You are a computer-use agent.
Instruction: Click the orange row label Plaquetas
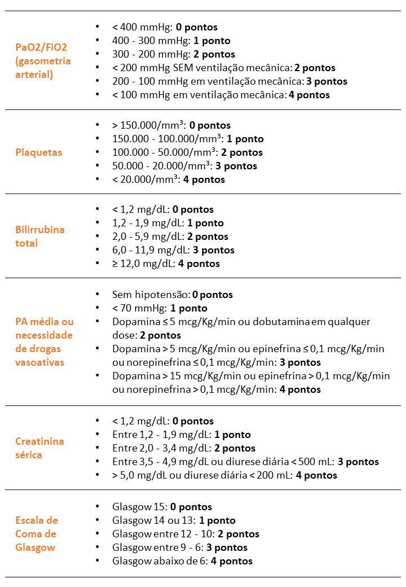coord(38,152)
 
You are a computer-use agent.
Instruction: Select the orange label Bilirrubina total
coord(39,236)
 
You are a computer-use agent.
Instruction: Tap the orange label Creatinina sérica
coord(39,448)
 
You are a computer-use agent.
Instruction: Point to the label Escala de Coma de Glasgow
coord(37,534)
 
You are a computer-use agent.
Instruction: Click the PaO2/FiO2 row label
coord(43,61)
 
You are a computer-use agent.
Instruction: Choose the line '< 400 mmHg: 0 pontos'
coord(165,27)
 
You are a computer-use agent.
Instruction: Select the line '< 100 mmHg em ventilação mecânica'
coord(220,95)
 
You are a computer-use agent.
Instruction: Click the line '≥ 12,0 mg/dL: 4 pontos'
coord(166,264)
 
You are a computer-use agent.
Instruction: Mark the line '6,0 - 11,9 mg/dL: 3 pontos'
coord(173,250)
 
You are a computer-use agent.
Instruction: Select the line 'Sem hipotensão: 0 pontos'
coord(172,295)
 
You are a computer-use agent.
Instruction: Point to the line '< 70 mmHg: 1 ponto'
coord(160,308)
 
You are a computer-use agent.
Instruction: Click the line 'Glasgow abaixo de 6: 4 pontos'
coord(182,561)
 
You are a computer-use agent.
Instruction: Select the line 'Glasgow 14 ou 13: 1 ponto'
coord(174,520)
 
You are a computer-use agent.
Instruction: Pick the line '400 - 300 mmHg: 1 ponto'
coord(171,41)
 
